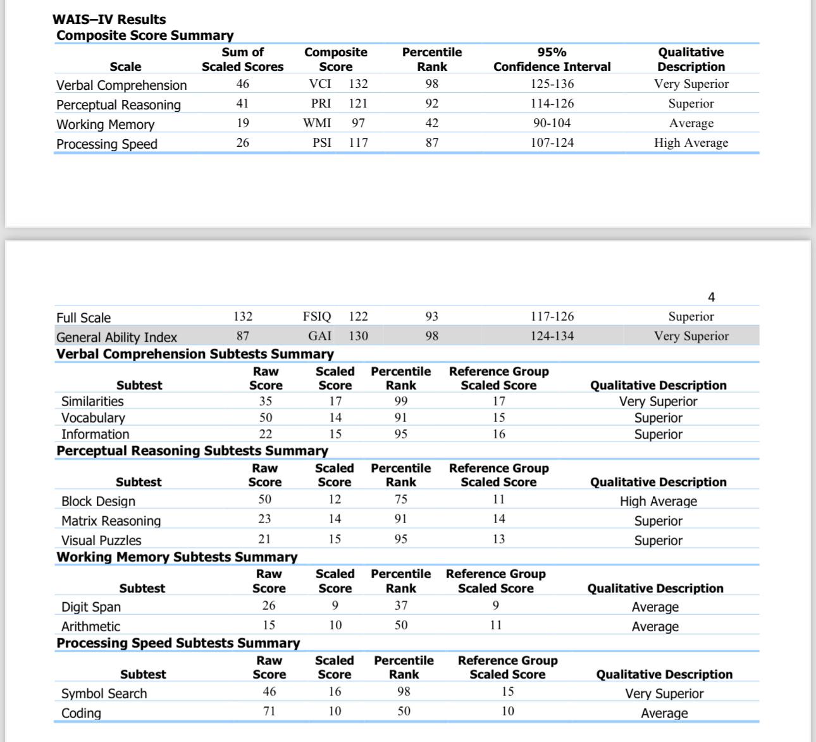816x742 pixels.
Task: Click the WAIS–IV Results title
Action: point(109,20)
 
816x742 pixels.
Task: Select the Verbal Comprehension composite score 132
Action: point(358,84)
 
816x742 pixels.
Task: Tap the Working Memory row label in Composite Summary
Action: point(105,125)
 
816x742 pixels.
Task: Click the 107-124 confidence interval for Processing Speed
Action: point(552,143)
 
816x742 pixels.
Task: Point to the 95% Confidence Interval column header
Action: point(552,59)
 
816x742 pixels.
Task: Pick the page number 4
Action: point(711,297)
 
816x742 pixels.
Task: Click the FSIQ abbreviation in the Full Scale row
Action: point(317,317)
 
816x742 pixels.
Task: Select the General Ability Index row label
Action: point(116,337)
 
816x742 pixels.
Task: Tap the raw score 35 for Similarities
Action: point(266,401)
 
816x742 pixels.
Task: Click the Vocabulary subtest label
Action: point(93,418)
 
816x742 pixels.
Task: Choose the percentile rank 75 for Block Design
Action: point(400,500)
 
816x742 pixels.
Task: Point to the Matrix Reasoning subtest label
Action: point(111,521)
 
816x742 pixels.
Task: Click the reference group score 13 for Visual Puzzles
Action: point(498,540)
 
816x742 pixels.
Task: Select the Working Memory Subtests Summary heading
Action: point(176,557)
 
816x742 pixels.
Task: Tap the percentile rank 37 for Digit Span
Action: point(400,606)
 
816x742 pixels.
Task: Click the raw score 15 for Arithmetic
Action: point(269,626)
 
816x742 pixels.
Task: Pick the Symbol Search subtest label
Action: point(104,694)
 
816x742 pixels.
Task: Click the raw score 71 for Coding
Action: point(269,712)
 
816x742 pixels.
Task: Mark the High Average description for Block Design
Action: point(658,502)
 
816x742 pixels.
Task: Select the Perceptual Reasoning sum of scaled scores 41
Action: point(242,104)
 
